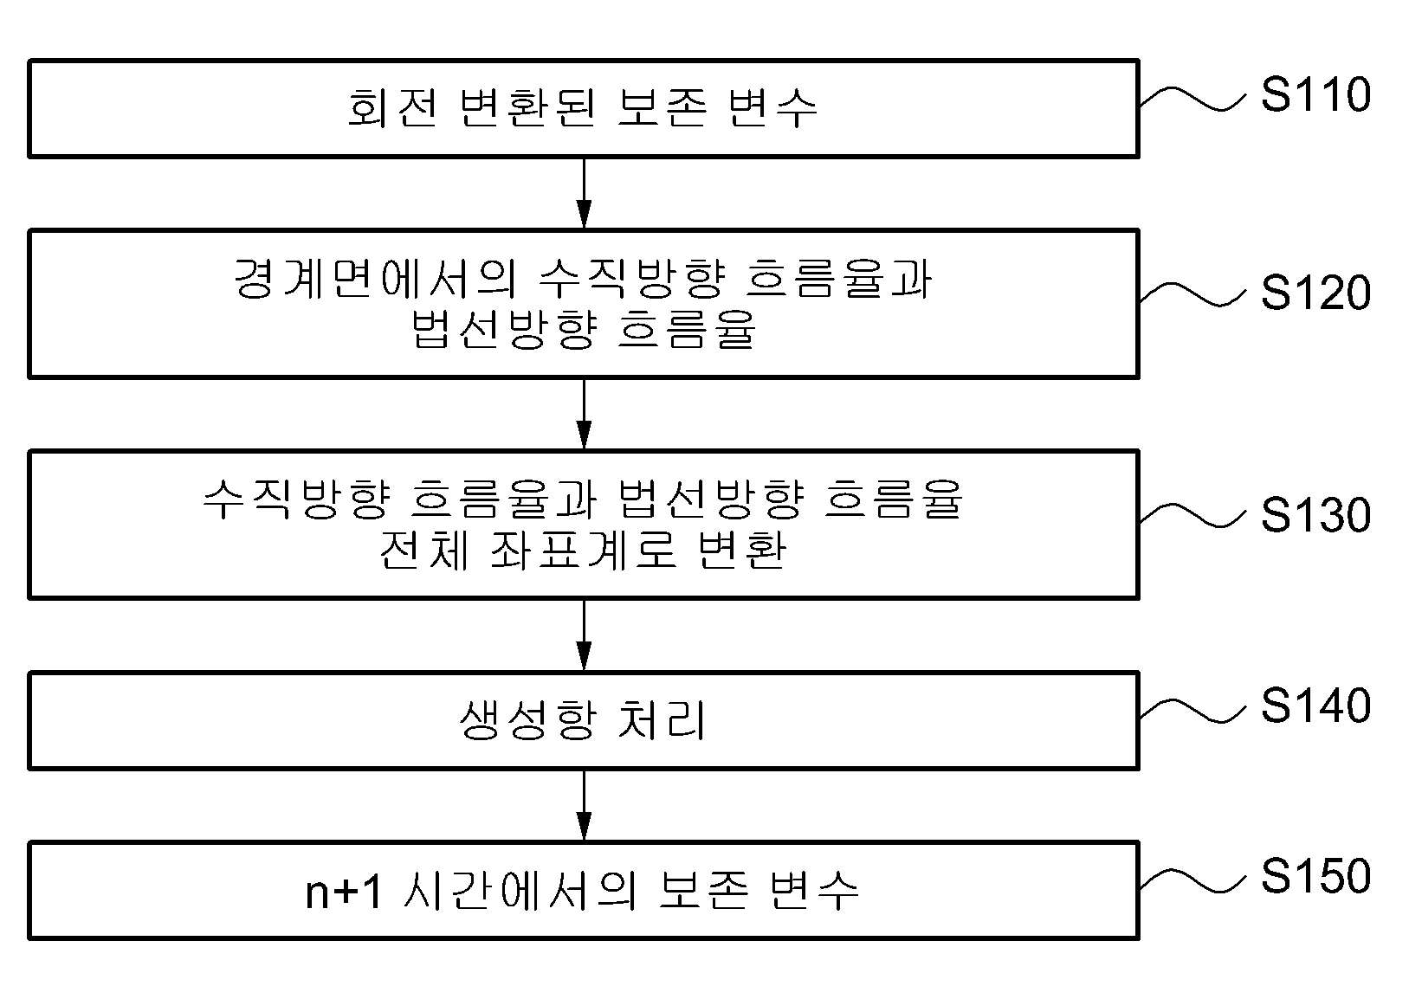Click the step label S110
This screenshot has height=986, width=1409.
[1316, 94]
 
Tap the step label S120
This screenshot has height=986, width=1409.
[1316, 293]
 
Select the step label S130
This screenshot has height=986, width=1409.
[1316, 514]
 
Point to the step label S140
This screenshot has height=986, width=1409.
[1316, 705]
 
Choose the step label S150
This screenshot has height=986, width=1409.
[1316, 875]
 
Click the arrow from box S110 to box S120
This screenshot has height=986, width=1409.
[584, 193]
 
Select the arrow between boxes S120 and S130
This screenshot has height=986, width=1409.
[584, 415]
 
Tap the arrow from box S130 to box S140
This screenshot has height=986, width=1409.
[584, 635]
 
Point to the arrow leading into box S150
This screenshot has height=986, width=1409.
[584, 806]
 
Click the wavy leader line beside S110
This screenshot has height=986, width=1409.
[1192, 100]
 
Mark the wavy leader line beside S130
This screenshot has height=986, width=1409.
[1192, 516]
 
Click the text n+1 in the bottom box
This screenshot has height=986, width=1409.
[344, 893]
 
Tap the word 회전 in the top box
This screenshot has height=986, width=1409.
[392, 107]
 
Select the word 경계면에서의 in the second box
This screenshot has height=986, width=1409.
[376, 278]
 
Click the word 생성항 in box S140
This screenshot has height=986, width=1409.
[527, 720]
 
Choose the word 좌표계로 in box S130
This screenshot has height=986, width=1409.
[583, 551]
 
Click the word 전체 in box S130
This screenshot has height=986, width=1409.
[424, 551]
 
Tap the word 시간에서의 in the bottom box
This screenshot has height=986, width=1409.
[520, 891]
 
